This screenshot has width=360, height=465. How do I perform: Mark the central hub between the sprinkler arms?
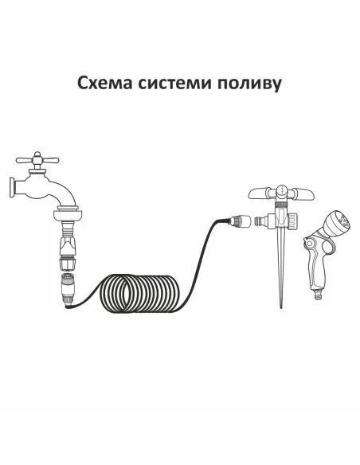pyautogui.click(x=280, y=191)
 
